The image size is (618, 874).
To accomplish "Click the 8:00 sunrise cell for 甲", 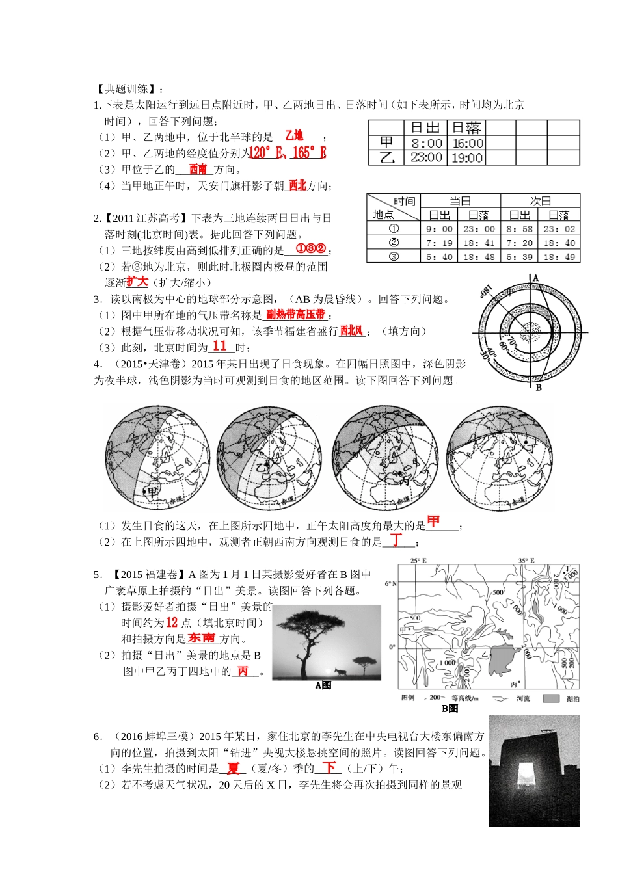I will point(426,143).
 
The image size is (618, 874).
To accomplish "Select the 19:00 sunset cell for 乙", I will point(466,157).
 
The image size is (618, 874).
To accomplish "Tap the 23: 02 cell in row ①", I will point(559,229).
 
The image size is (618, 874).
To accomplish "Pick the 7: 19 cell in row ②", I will point(439,243).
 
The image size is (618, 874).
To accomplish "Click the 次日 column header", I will point(540,201).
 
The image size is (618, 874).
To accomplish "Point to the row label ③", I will point(394,256).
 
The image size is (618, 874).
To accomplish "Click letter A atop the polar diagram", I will point(536,278).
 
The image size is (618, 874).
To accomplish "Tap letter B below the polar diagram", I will point(539,388).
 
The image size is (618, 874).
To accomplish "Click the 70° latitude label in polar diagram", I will point(511,341).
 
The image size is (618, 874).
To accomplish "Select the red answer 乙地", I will point(294,136).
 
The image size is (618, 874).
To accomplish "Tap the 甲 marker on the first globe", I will point(151,492).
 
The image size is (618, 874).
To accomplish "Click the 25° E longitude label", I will point(418,561).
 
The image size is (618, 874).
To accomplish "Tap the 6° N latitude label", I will point(390,583).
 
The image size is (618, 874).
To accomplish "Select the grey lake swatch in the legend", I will point(551,698).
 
